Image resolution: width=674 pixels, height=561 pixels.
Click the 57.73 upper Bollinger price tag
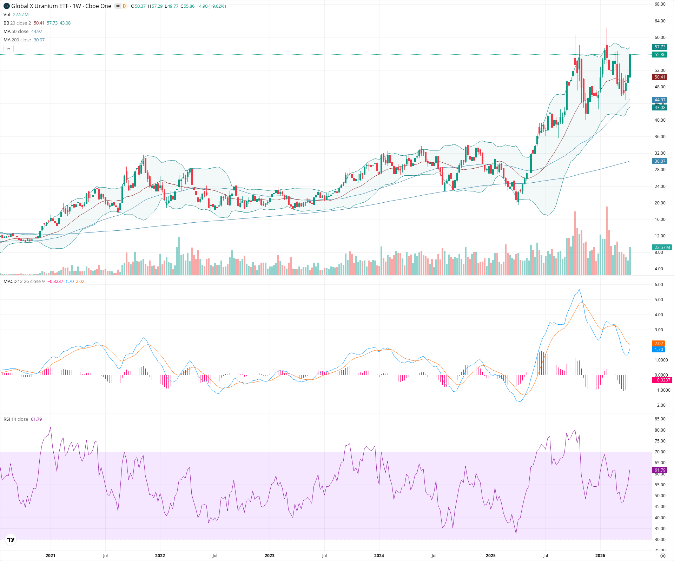660,47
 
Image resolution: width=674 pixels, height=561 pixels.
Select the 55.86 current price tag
660,55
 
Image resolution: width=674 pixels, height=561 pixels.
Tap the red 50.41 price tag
660,77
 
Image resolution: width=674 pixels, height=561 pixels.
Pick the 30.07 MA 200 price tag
660,161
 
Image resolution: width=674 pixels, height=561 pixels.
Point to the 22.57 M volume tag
662,248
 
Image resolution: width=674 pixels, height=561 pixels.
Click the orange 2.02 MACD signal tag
659,344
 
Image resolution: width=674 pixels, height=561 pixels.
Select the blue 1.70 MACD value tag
659,350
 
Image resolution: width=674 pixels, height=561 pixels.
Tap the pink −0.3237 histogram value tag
662,380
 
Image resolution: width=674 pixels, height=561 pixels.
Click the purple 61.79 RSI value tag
660,470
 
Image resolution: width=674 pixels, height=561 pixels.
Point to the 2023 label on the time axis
269,556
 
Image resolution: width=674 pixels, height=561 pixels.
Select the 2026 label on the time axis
600,556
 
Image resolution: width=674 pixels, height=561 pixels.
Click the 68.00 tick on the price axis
660,4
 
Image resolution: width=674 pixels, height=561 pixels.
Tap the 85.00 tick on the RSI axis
660,419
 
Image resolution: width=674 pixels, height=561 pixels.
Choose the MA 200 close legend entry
17,40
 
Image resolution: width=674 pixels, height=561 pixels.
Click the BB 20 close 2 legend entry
17,23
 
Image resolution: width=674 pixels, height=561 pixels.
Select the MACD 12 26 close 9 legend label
24,282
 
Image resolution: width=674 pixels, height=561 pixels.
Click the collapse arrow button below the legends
8,49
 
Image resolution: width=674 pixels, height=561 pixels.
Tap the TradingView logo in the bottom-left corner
11,540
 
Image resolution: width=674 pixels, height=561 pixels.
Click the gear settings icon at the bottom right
663,556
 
